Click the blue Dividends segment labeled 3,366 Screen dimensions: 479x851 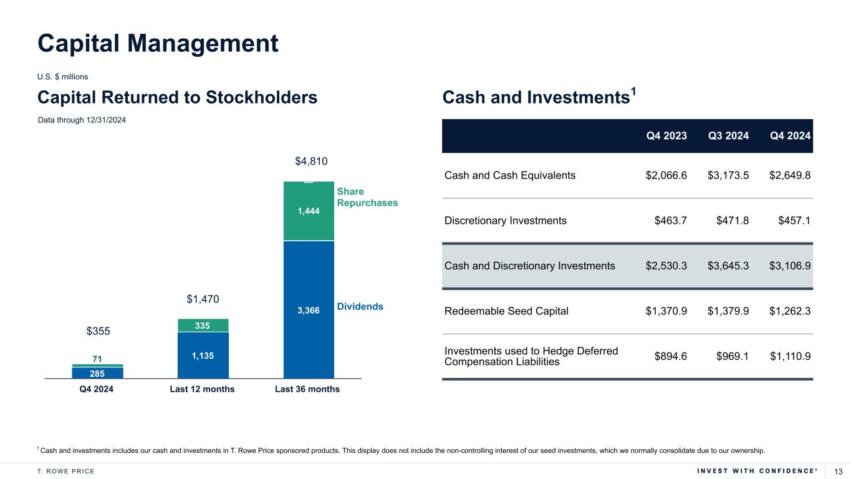point(309,309)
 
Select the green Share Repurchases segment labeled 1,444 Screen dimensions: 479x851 point(309,211)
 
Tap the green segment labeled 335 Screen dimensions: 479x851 point(203,325)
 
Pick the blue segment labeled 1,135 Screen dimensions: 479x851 point(203,355)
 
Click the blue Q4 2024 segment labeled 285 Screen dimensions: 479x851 point(97,373)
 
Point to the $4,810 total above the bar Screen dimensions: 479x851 point(311,162)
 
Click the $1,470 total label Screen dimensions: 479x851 point(203,300)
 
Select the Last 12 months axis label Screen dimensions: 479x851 point(203,389)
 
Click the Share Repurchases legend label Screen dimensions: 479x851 point(367,197)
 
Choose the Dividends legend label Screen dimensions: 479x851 point(360,307)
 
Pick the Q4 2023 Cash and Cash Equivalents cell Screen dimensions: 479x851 point(666,175)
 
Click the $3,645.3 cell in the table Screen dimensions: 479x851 point(728,266)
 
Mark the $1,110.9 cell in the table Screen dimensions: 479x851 point(790,356)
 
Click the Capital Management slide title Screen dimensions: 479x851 point(158,43)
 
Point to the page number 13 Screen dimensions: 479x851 point(838,470)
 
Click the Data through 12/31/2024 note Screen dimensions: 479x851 point(82,120)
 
